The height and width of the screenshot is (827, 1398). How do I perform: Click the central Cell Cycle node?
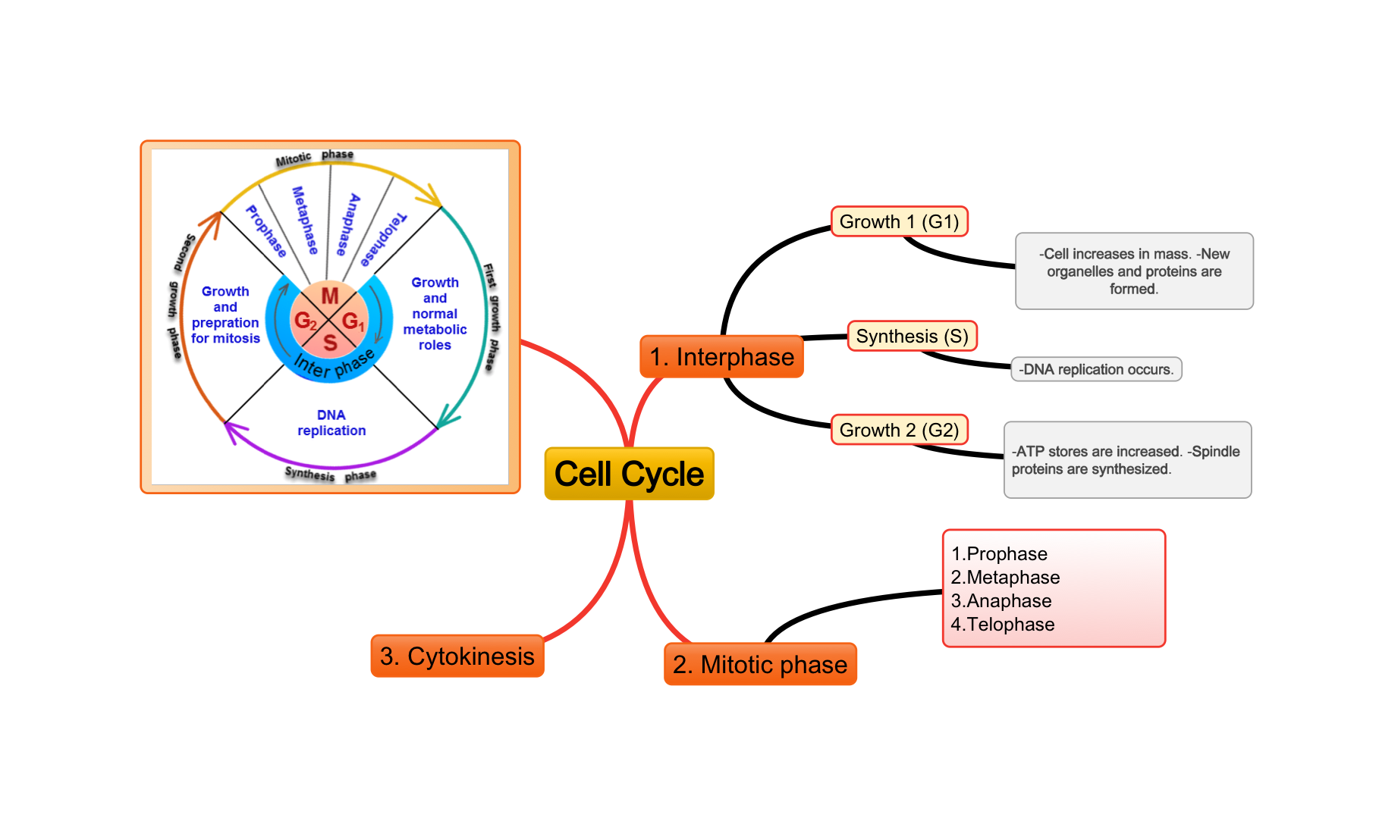point(629,474)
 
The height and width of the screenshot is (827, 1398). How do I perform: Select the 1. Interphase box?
point(721,357)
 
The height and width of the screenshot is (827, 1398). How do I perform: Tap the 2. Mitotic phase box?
point(760,665)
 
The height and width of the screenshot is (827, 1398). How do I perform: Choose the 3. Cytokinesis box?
point(457,656)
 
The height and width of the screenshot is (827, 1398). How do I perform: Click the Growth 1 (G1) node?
point(899,222)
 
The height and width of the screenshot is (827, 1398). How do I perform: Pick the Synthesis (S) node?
point(912,337)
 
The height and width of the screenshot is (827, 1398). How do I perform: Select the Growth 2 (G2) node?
point(899,431)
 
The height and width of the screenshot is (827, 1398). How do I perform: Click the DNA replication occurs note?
point(1096,370)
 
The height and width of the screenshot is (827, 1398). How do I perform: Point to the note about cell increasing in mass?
point(1134,271)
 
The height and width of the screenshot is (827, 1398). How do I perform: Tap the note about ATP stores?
point(1126,460)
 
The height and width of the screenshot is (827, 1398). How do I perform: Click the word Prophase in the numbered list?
point(1007,554)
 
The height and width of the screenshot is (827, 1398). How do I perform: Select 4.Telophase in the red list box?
point(1003,625)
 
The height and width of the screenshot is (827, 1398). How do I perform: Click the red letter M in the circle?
point(330,296)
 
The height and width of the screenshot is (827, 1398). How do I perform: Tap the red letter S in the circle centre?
point(330,343)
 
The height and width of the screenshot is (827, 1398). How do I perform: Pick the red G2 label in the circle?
point(305,321)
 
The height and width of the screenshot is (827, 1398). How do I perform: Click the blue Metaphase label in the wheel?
point(305,220)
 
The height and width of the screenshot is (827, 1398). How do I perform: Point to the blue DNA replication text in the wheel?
point(331,423)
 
